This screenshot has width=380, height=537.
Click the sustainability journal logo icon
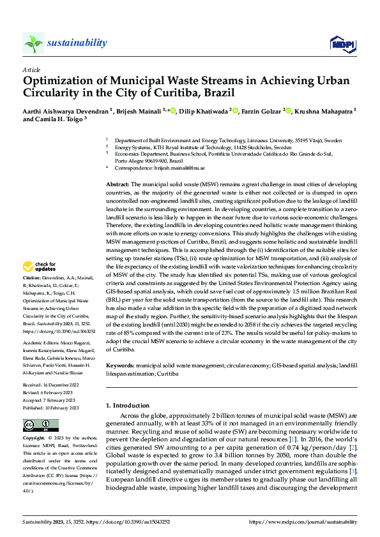[x=33, y=43]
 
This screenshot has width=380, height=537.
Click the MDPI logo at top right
[x=340, y=43]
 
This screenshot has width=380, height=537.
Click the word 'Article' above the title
[x=31, y=69]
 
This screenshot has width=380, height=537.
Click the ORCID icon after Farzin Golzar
[x=288, y=111]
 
